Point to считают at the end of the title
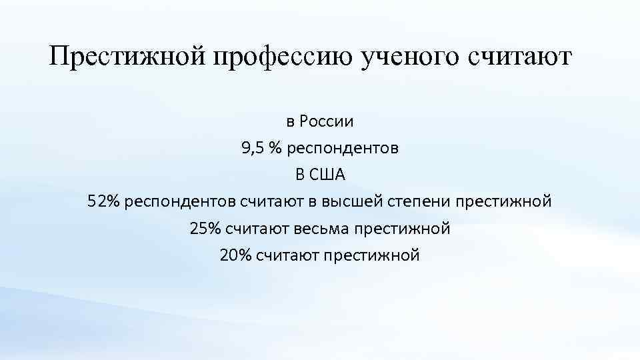[x=521, y=58]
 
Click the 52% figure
[x=103, y=202]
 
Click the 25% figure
[x=205, y=229]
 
